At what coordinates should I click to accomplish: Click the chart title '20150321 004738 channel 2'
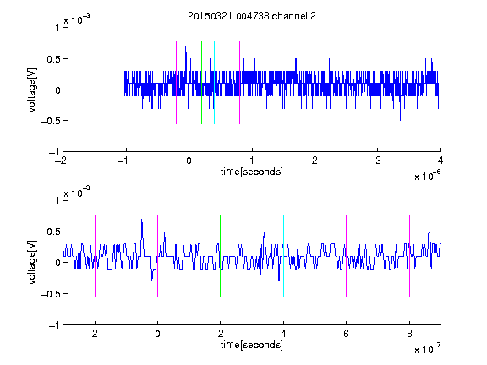tap(252, 16)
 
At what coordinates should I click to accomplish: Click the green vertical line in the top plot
tap(201, 83)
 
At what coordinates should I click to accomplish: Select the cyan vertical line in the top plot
tap(214, 83)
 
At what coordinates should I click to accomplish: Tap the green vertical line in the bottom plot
tap(220, 256)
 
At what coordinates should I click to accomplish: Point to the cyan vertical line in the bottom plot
tap(283, 256)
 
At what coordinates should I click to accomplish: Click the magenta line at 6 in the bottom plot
tap(347, 256)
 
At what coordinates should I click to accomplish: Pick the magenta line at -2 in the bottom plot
tap(95, 256)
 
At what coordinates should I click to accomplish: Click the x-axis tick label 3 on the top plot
tap(378, 161)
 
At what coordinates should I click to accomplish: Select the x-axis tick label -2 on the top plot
tap(61, 161)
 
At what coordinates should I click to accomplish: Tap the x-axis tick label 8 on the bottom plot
tap(409, 334)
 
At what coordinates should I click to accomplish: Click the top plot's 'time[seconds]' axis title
tap(252, 172)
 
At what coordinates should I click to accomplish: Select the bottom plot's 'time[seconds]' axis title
tap(252, 345)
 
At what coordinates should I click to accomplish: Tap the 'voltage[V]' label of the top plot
tap(33, 90)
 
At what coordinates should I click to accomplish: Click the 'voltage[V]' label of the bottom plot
tap(33, 263)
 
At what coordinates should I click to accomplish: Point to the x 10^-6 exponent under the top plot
tap(427, 176)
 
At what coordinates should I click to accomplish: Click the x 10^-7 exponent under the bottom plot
tap(427, 349)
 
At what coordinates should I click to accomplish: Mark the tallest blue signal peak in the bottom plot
tap(142, 220)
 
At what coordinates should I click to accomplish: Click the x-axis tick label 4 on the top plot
tap(440, 161)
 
